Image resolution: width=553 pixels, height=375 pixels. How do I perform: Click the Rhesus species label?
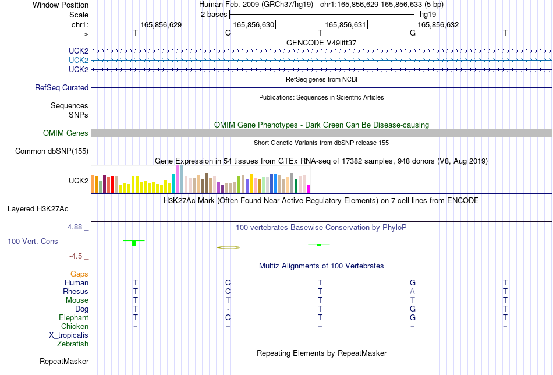click(x=76, y=291)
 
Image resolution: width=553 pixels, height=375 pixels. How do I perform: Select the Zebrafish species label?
click(x=73, y=344)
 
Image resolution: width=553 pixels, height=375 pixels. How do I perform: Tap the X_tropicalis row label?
click(x=69, y=335)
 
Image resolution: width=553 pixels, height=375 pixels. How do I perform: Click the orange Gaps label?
click(x=79, y=274)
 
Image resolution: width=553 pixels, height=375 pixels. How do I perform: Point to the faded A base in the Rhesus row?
click(x=412, y=292)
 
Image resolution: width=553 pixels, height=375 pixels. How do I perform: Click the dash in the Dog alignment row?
click(x=228, y=309)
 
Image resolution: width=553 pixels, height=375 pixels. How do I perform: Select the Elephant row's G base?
click(x=412, y=318)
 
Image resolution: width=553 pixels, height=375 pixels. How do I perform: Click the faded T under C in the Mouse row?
click(x=228, y=300)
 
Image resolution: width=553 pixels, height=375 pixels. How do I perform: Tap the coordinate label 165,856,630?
click(x=253, y=24)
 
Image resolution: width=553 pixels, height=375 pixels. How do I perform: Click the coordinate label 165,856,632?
click(x=438, y=24)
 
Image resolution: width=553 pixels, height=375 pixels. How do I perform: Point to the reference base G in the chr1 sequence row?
click(x=412, y=33)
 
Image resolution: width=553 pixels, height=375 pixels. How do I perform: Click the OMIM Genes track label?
click(x=66, y=133)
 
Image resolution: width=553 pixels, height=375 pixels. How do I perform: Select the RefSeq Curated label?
click(x=62, y=87)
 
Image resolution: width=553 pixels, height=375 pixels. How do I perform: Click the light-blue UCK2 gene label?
click(x=79, y=60)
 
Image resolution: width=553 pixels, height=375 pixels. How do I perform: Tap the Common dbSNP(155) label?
click(x=52, y=151)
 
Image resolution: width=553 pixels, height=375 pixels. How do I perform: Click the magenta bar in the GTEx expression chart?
click(x=309, y=189)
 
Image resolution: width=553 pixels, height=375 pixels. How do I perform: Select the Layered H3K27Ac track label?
click(x=38, y=209)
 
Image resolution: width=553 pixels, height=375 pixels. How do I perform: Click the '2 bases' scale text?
click(x=214, y=15)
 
